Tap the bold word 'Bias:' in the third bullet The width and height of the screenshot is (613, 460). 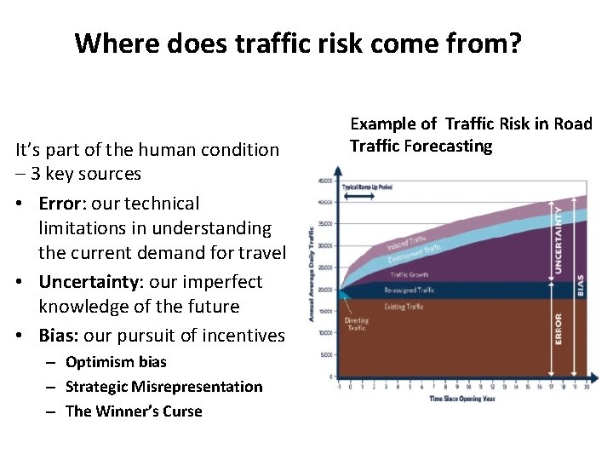pos(61,336)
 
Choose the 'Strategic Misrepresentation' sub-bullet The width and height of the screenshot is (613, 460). pos(163,387)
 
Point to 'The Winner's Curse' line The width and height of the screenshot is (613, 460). pos(134,411)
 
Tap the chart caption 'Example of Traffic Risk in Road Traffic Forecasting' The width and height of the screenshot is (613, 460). pos(471,135)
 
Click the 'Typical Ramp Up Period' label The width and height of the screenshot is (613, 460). pos(367,187)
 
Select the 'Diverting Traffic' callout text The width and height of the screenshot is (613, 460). pos(357,325)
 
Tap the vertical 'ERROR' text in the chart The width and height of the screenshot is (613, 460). pos(559,329)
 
